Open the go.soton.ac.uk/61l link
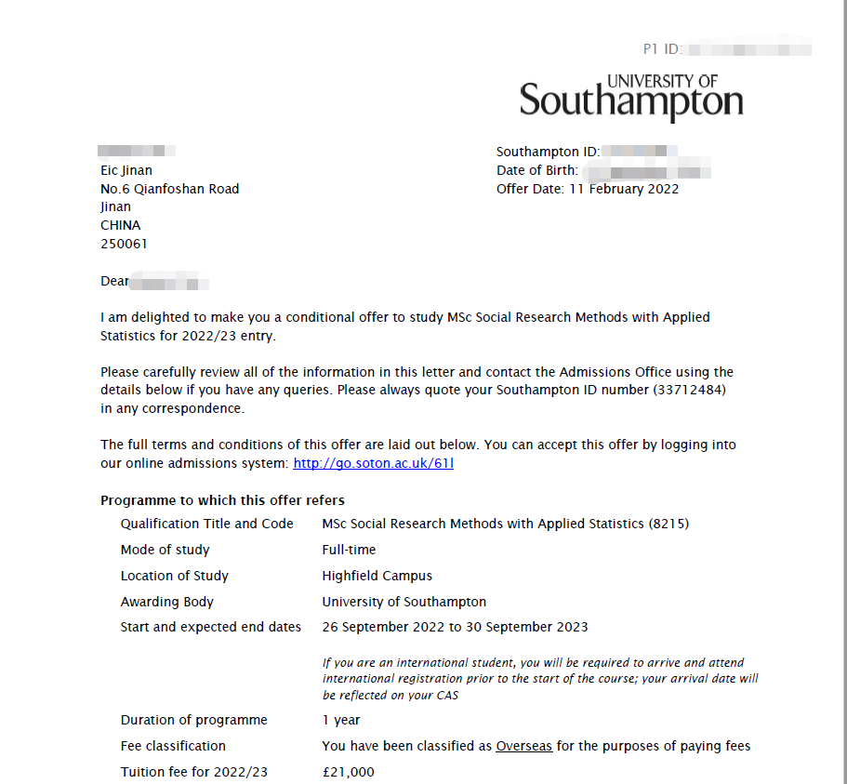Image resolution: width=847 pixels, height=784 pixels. [373, 462]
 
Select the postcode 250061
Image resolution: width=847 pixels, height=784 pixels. [124, 244]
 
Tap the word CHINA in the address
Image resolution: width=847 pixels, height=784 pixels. [120, 225]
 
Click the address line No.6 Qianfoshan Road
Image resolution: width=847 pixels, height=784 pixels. [169, 189]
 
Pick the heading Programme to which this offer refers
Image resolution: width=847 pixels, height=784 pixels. [222, 500]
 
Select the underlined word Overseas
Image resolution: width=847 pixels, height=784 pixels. [523, 746]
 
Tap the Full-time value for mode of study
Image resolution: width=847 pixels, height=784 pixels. [349, 550]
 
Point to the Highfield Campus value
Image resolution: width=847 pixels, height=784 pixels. [377, 576]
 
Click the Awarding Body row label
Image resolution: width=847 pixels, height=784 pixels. [166, 602]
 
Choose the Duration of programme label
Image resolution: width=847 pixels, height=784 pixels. [193, 720]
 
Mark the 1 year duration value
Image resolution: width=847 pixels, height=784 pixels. [340, 720]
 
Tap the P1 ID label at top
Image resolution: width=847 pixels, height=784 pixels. [662, 48]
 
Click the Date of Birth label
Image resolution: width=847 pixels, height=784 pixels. [536, 170]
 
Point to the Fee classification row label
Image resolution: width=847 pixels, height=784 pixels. [173, 746]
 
